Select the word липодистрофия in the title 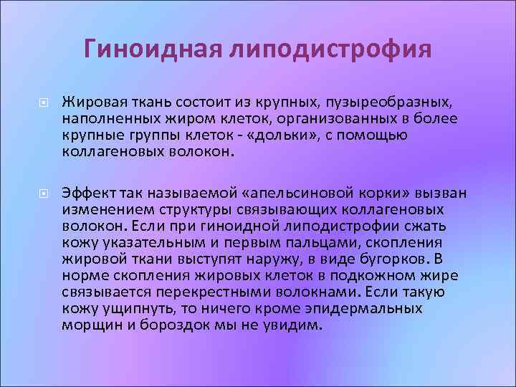point(331,50)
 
